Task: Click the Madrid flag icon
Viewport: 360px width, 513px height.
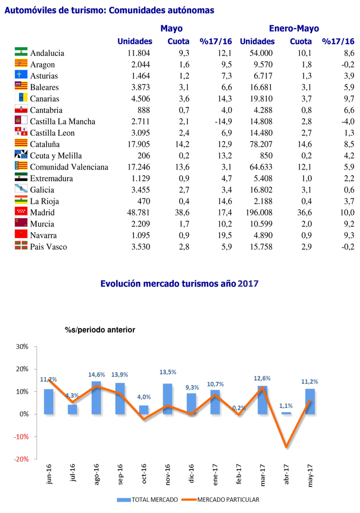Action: point(21,212)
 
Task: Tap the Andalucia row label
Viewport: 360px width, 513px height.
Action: point(47,53)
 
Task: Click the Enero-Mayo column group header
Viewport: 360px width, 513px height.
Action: point(294,29)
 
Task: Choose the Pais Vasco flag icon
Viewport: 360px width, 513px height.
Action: point(21,247)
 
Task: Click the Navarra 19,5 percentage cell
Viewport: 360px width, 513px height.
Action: point(223,235)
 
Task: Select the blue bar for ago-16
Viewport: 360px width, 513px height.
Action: point(96,397)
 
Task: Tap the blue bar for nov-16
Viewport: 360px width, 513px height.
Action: point(168,398)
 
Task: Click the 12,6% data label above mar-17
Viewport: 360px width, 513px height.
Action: point(263,379)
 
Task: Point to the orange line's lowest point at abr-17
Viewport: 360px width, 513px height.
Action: point(286,447)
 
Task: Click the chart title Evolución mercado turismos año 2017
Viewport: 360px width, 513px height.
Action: point(179,284)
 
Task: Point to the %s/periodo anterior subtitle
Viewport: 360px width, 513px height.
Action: point(100,330)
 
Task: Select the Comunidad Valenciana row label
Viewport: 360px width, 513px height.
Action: point(69,167)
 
